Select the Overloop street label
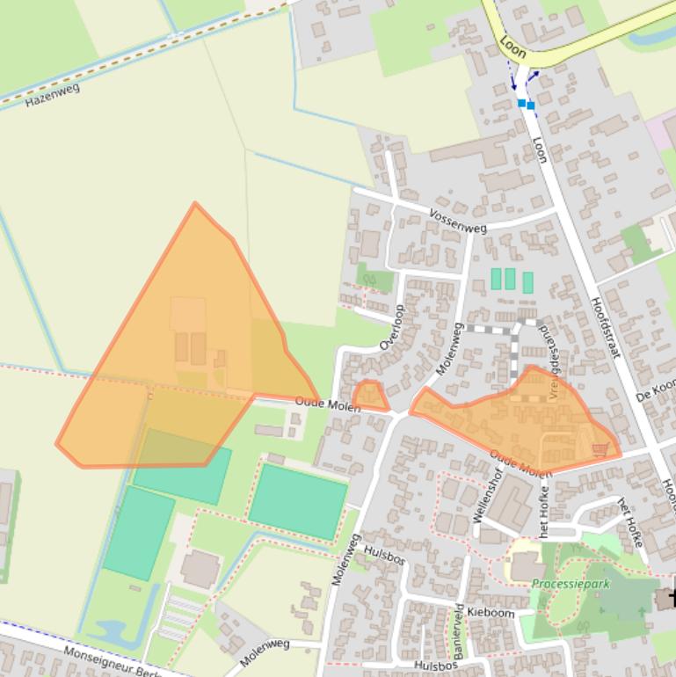pos(391,327)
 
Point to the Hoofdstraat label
pos(605,326)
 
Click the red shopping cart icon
pos(600,449)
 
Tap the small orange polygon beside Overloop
pos(369,395)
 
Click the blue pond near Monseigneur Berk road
pos(111,631)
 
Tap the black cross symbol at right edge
pos(671,597)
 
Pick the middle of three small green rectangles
pos(510,279)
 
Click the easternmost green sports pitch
pos(297,500)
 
